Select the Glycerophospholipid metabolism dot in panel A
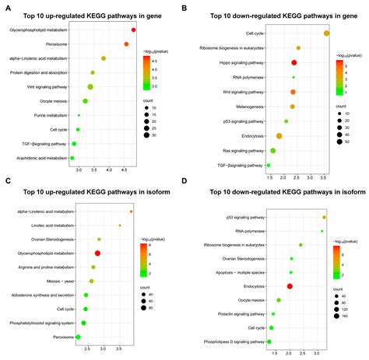[134, 30]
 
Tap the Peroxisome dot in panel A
[127, 44]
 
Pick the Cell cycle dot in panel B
[326, 33]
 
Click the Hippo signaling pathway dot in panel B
[294, 62]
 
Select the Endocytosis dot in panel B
[279, 136]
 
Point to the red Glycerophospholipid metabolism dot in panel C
[98, 253]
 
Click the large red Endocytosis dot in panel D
[290, 286]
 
